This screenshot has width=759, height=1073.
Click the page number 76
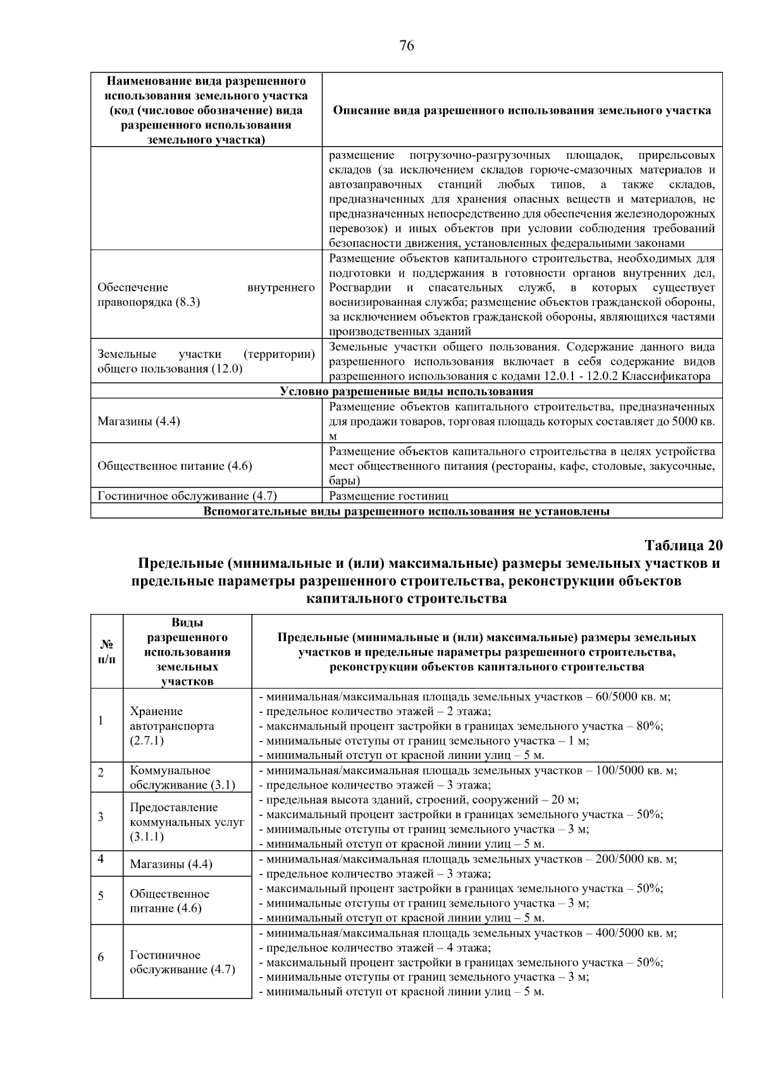[x=407, y=46]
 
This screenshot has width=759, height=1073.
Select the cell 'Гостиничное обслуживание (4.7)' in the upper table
[x=187, y=496]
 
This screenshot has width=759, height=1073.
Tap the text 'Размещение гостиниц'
[x=389, y=496]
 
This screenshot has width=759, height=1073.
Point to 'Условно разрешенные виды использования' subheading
[x=406, y=391]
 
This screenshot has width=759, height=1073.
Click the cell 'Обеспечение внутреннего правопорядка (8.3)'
[x=206, y=295]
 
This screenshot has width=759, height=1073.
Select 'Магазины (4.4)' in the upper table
[x=139, y=420]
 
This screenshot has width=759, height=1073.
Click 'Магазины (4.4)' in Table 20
[x=171, y=864]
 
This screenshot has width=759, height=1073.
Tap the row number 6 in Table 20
[x=101, y=957]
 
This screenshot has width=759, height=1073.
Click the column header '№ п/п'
[x=107, y=651]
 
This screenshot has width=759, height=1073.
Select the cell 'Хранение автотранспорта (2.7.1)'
[x=172, y=725]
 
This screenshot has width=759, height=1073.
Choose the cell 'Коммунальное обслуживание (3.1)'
[x=182, y=778]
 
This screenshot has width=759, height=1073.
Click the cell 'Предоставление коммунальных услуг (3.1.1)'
[x=187, y=821]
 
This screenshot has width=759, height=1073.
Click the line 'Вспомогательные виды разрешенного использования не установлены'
[x=406, y=511]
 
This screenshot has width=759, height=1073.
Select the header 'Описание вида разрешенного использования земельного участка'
[x=522, y=110]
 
